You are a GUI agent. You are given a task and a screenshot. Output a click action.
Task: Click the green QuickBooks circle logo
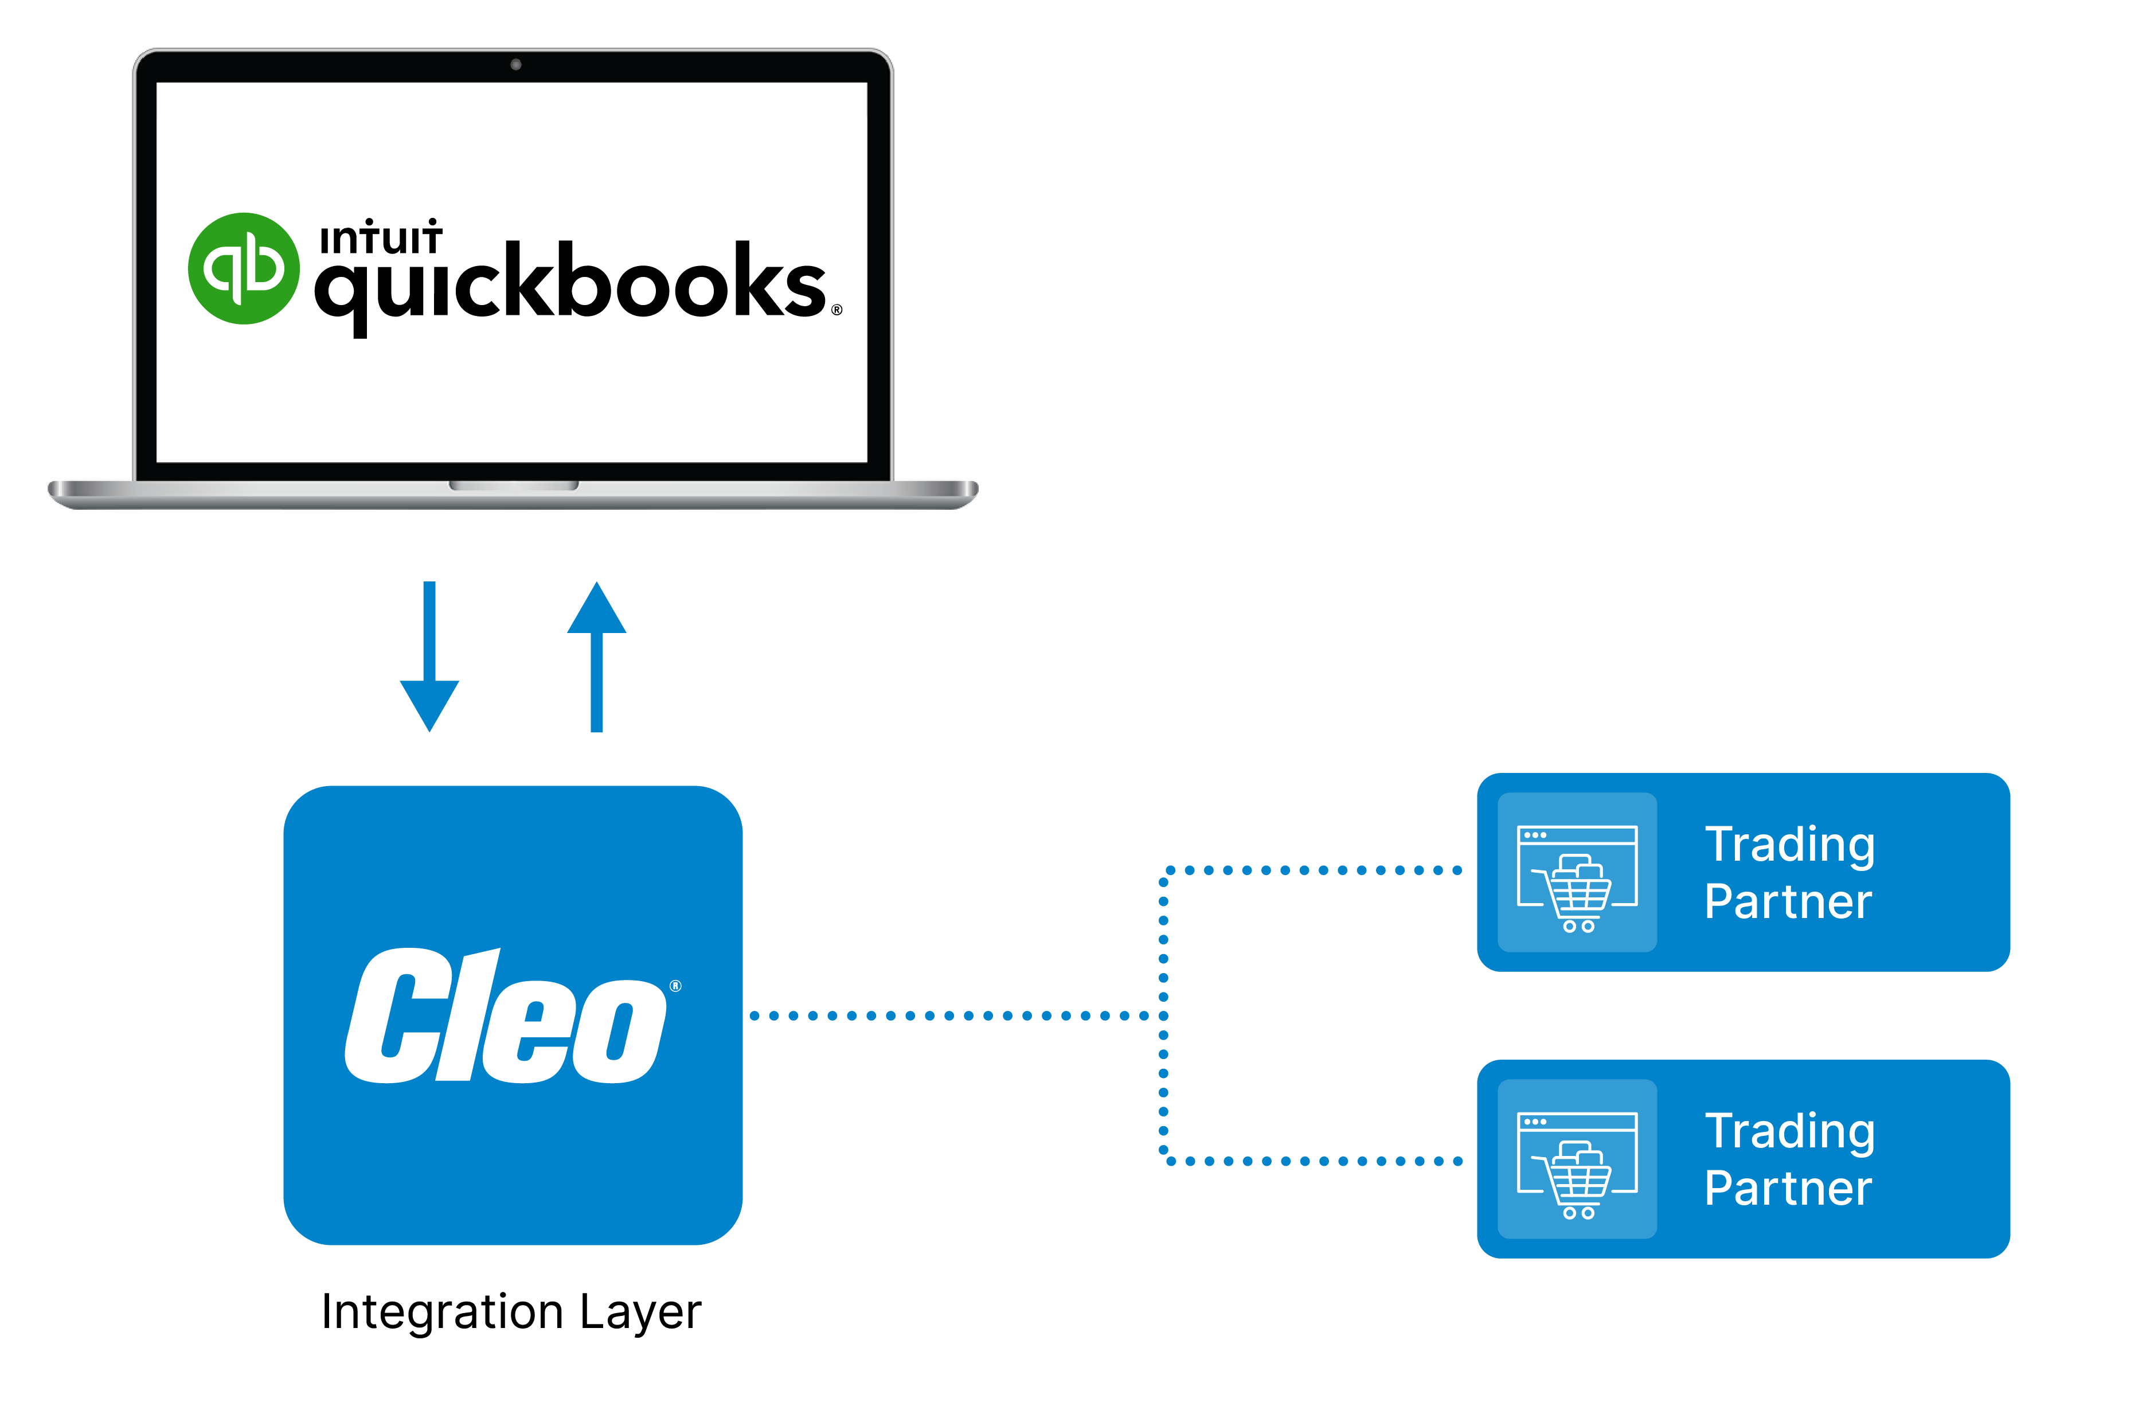pos(243,268)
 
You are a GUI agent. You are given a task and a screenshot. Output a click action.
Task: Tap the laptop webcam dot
pos(516,64)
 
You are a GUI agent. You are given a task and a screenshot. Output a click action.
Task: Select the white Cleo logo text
pos(506,1016)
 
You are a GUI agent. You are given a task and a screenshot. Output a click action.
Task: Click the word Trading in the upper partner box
pos(1789,845)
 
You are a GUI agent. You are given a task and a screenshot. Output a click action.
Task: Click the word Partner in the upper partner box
pos(1788,901)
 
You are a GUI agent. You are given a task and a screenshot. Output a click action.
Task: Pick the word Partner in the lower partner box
pos(1788,1188)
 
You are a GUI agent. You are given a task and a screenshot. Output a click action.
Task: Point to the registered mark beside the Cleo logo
pos(676,986)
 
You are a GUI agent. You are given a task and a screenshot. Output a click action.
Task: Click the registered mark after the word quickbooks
pos(836,310)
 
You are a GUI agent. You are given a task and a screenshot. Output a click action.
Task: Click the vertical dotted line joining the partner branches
pos(1163,1016)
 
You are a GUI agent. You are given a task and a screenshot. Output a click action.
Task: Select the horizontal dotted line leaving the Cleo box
pos(948,1016)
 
